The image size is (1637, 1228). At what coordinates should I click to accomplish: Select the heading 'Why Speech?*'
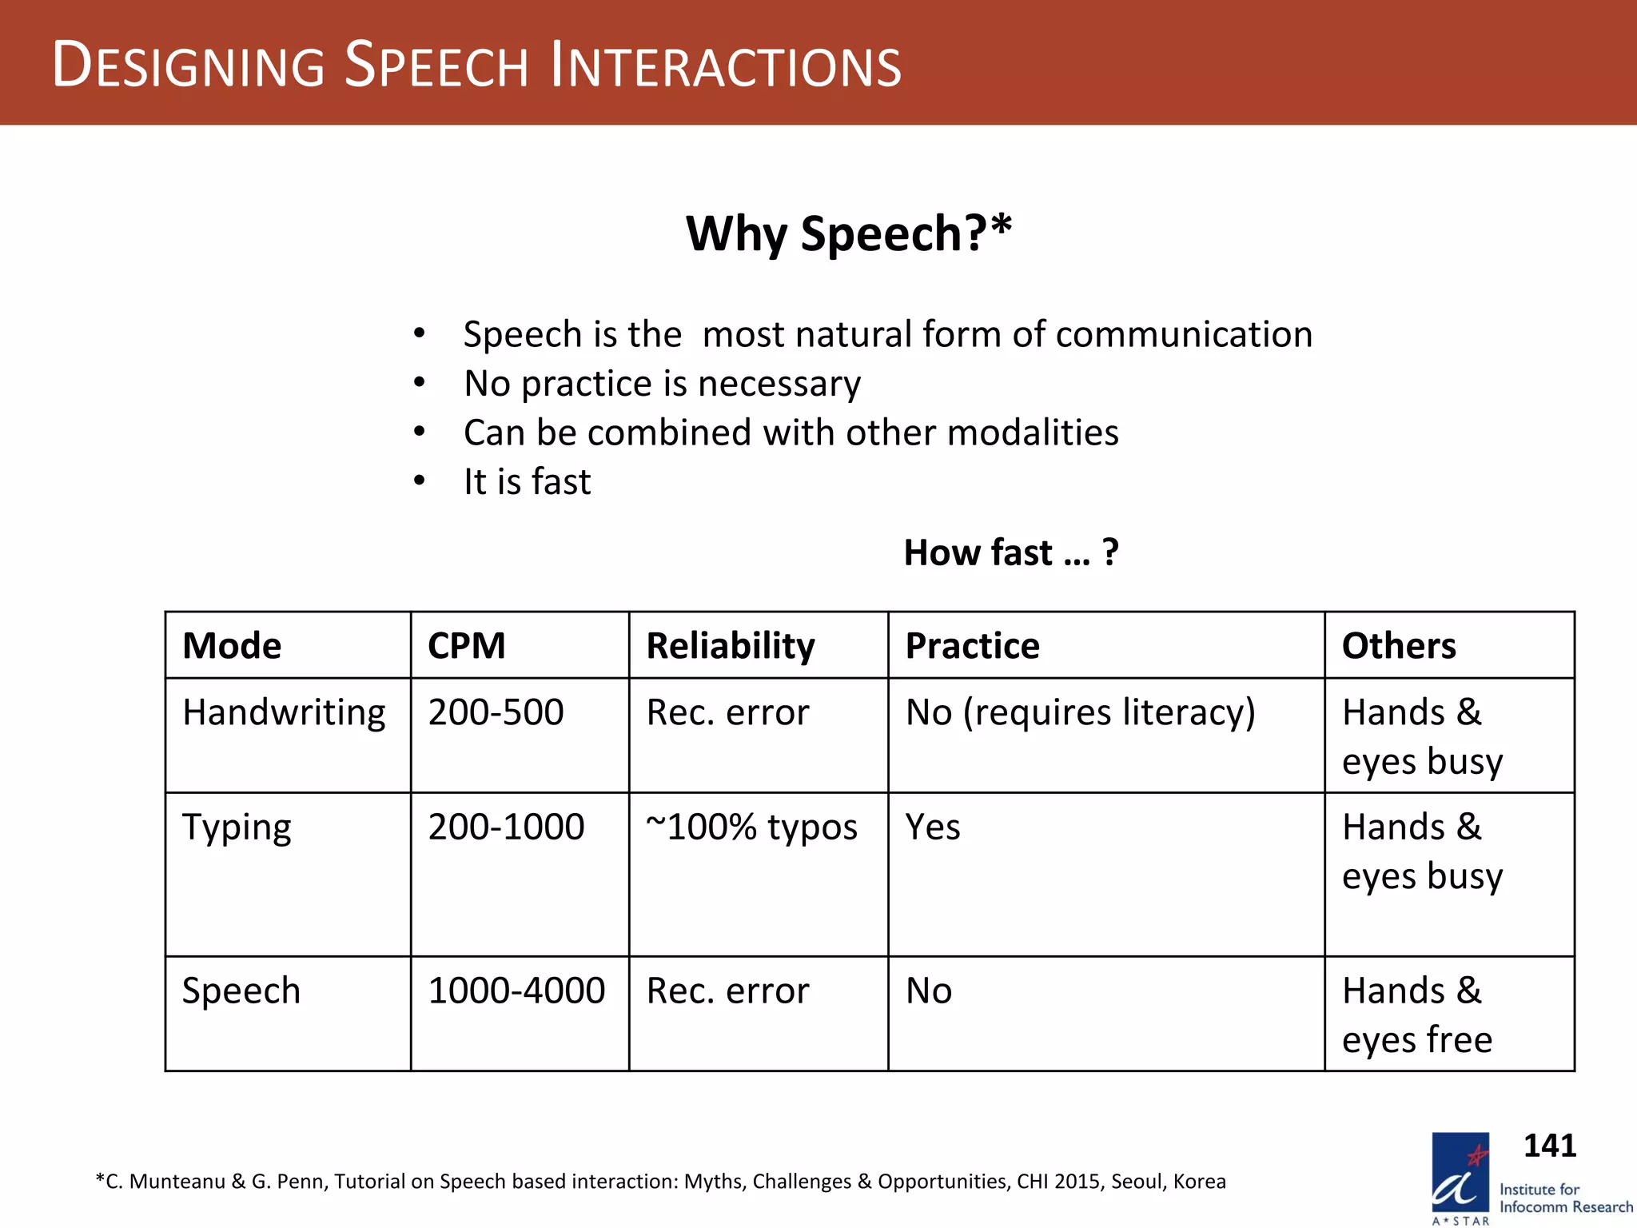point(849,233)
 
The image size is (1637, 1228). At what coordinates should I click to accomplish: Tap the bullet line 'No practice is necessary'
point(662,384)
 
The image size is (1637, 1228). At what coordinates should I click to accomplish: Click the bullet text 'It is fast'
point(527,482)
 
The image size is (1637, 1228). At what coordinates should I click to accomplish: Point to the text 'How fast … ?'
point(1010,552)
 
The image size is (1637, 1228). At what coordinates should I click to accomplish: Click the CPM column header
point(467,646)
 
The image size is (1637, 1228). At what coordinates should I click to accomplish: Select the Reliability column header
point(730,646)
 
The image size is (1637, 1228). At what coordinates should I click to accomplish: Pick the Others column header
point(1398,646)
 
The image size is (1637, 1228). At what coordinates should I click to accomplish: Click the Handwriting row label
point(284,712)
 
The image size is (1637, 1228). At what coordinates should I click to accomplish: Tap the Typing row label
point(237,827)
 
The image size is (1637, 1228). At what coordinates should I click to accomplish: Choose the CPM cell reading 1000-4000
point(516,991)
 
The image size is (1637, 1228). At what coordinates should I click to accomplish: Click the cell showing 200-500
point(496,712)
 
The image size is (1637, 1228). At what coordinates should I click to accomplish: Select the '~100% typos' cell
point(751,827)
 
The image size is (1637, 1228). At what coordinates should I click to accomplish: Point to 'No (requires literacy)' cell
point(1080,712)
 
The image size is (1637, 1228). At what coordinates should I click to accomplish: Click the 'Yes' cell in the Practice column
point(933,827)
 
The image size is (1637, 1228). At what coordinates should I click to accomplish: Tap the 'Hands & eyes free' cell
point(1416,1015)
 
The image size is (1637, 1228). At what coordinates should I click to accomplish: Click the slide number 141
point(1549,1146)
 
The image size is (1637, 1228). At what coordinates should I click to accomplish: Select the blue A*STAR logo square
point(1460,1172)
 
